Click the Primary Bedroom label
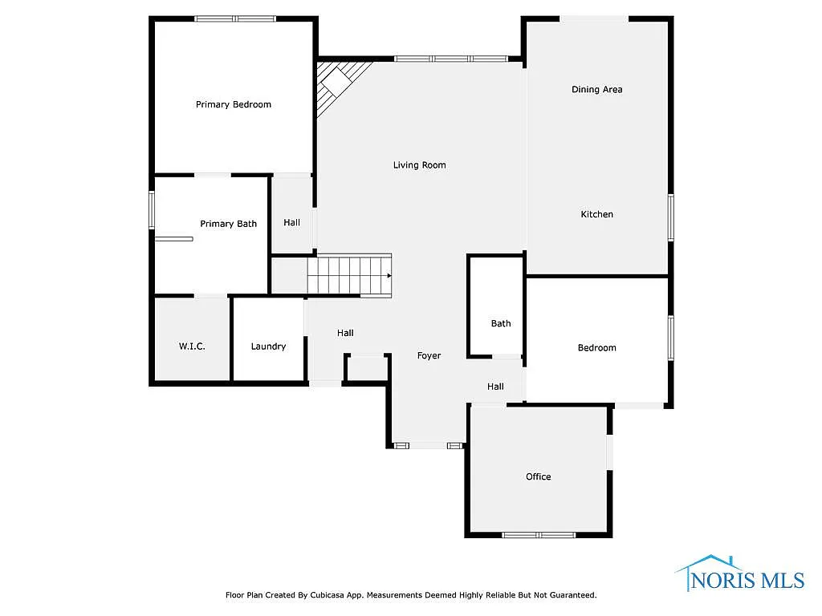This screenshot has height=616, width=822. click(x=234, y=104)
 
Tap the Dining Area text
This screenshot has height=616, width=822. click(x=596, y=90)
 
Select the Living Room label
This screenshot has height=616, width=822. click(x=419, y=165)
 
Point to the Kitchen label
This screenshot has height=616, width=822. click(x=596, y=214)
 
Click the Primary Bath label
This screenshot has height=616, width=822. click(x=228, y=224)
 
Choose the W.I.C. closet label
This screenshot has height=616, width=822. click(x=192, y=346)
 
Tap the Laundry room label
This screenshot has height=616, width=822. click(x=268, y=346)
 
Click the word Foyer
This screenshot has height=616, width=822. click(x=429, y=355)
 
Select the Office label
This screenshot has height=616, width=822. click(x=538, y=476)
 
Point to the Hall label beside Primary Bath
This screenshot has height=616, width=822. click(x=291, y=222)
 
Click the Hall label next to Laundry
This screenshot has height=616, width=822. click(x=345, y=333)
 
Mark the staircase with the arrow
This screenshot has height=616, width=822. click(x=351, y=275)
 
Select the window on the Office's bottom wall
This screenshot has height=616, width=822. click(x=538, y=534)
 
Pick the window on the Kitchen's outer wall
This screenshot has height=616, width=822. click(x=670, y=217)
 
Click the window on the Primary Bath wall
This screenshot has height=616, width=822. click(x=152, y=210)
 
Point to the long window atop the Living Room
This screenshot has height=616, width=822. click(x=451, y=59)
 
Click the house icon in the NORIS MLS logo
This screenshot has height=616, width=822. click(x=706, y=562)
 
